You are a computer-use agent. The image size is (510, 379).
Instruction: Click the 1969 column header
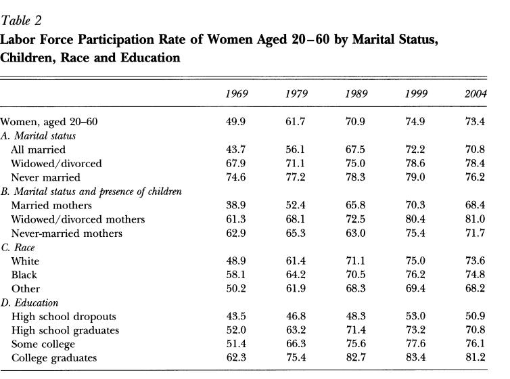point(236,93)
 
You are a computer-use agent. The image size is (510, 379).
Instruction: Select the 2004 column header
point(475,93)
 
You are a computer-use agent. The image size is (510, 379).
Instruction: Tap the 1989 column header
point(355,93)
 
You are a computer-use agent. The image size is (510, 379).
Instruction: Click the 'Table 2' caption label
point(22,9)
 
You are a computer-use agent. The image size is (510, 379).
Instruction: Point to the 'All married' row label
point(38,150)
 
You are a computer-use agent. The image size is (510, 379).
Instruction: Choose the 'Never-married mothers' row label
point(63,233)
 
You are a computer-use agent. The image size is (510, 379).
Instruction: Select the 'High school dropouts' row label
point(59,316)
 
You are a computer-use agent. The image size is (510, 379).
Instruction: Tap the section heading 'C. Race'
point(19,247)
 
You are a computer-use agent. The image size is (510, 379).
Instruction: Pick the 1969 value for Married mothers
point(236,205)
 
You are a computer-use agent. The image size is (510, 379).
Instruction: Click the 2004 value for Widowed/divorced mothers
point(475,219)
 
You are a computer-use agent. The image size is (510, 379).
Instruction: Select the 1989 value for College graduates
point(355,358)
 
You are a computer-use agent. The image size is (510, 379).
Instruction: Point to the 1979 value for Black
point(296,275)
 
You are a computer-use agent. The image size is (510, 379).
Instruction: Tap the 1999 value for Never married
point(415,177)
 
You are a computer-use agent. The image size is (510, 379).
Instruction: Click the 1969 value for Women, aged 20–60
point(236,122)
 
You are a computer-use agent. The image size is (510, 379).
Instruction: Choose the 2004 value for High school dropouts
point(475,316)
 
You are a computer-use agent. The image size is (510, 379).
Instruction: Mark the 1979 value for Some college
point(296,344)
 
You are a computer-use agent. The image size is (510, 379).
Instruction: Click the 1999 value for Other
point(415,288)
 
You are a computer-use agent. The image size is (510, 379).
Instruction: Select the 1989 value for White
point(355,261)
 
